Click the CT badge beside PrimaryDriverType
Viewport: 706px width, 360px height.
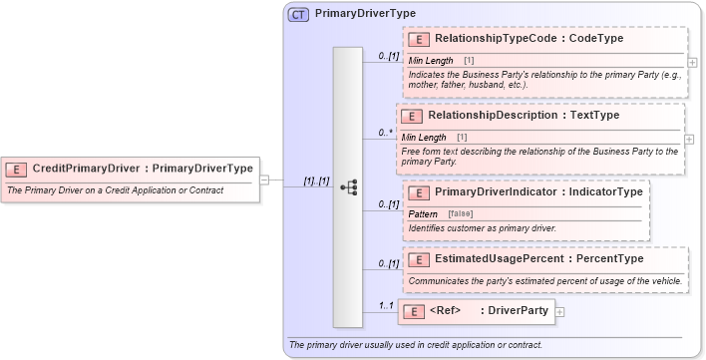(x=298, y=14)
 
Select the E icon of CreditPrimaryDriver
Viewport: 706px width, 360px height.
(x=17, y=169)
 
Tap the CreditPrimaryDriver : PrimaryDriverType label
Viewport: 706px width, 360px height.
(x=143, y=169)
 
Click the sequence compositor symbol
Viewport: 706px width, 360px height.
(x=348, y=186)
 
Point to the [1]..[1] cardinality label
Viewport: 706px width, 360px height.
(x=316, y=181)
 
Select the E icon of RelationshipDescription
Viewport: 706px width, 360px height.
(x=411, y=116)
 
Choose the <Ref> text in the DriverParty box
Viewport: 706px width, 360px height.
(x=446, y=311)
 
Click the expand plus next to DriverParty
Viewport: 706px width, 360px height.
(x=559, y=312)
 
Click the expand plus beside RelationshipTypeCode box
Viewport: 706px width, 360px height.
(x=692, y=61)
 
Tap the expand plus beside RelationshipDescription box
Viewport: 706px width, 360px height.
(x=689, y=139)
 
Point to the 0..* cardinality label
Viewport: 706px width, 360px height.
(x=384, y=133)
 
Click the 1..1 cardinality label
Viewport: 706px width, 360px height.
(x=385, y=306)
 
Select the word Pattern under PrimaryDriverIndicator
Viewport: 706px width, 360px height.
(x=423, y=214)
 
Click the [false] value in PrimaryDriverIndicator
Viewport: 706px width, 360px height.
(x=460, y=214)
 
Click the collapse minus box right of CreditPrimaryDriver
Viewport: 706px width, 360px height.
(x=264, y=180)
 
